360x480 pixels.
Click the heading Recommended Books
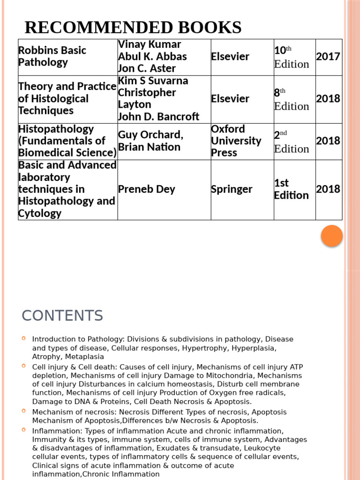click(133, 28)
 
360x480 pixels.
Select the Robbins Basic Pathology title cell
click(52, 57)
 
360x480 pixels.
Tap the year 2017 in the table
click(328, 57)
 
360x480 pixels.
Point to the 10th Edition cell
click(292, 57)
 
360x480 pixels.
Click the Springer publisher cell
click(232, 189)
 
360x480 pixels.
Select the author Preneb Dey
click(147, 189)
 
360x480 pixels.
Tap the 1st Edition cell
click(291, 189)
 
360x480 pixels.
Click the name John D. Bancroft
click(158, 117)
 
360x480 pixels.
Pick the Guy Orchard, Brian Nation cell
click(150, 141)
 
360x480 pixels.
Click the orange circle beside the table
click(332, 236)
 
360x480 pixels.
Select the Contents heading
click(62, 316)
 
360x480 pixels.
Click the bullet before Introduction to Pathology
click(24, 338)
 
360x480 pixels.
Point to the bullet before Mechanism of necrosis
click(24, 411)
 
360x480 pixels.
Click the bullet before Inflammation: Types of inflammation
click(24, 430)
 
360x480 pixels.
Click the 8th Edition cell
click(292, 99)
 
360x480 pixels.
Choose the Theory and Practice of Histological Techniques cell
click(67, 99)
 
